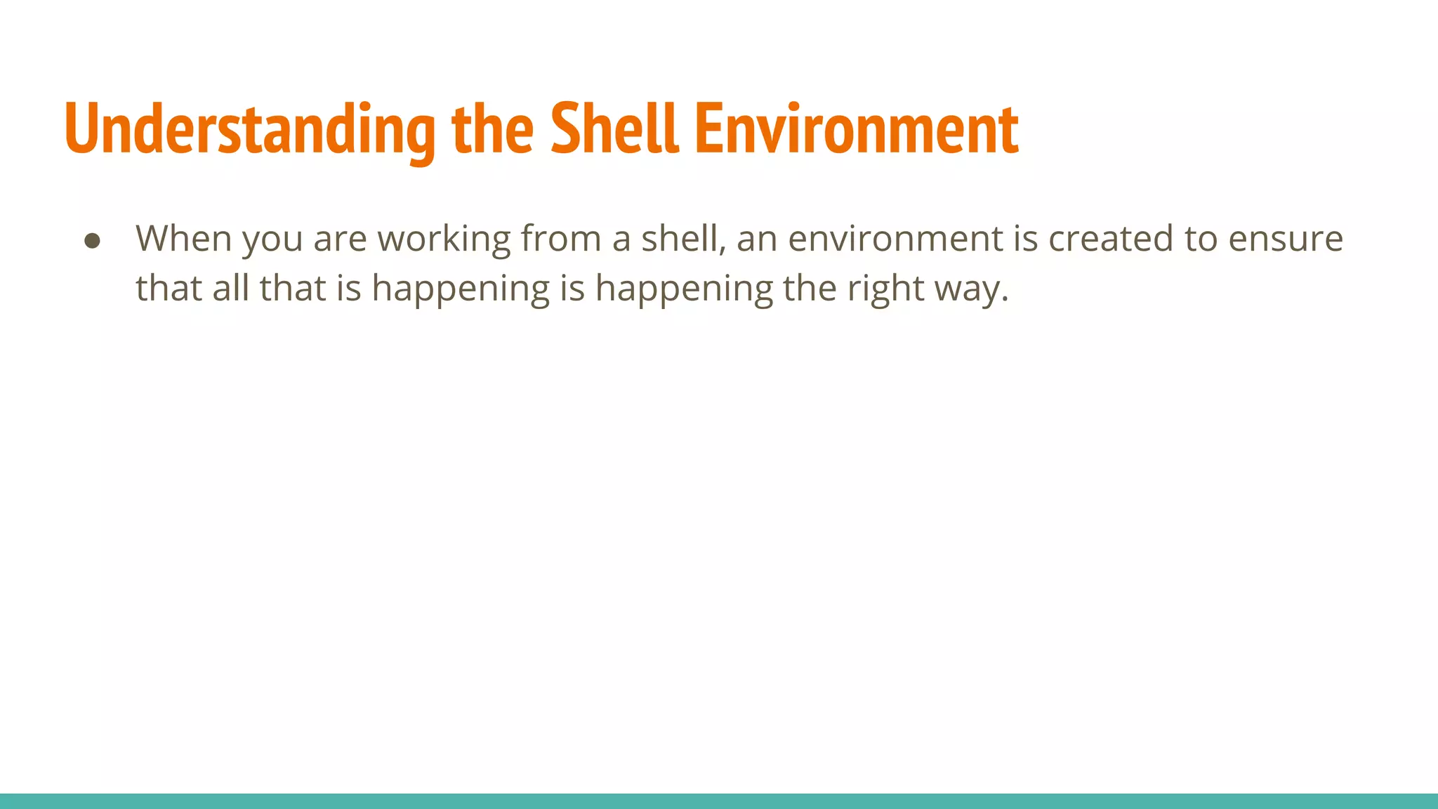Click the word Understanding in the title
(x=250, y=130)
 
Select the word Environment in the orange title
(x=856, y=130)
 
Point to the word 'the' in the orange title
(x=492, y=130)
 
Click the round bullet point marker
(x=92, y=241)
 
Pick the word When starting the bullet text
(x=184, y=239)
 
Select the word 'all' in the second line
(x=231, y=288)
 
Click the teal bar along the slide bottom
(x=719, y=801)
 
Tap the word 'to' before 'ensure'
(x=1201, y=239)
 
